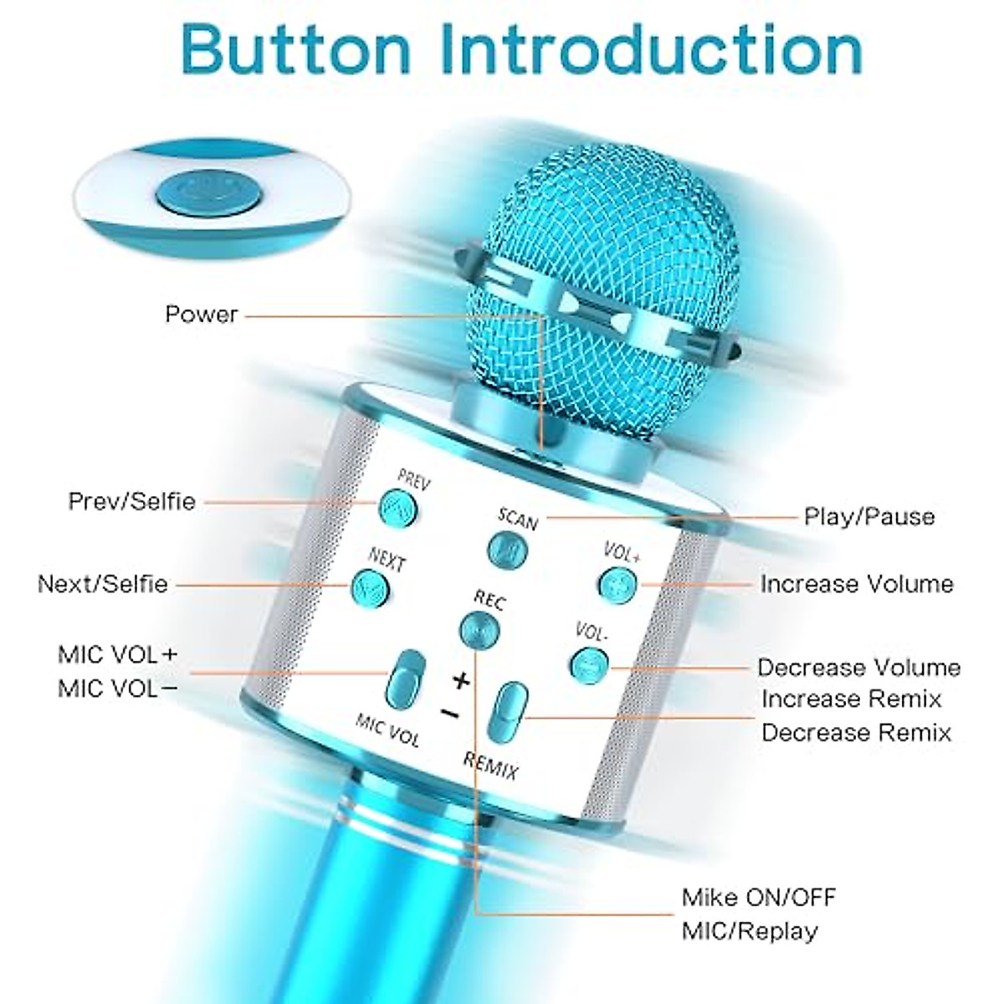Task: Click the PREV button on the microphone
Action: point(397,505)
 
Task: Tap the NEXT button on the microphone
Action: point(369,587)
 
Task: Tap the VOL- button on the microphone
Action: point(589,664)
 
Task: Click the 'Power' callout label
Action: point(202,315)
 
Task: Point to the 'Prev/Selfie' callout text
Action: point(132,501)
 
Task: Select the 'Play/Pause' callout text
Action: point(869,516)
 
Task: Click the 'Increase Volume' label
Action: point(857,584)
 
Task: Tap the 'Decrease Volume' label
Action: point(859,667)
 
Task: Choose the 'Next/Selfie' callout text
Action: point(103,584)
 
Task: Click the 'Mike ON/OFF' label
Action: point(759,898)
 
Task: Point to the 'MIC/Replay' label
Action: point(750,931)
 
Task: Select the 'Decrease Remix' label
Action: point(857,733)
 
